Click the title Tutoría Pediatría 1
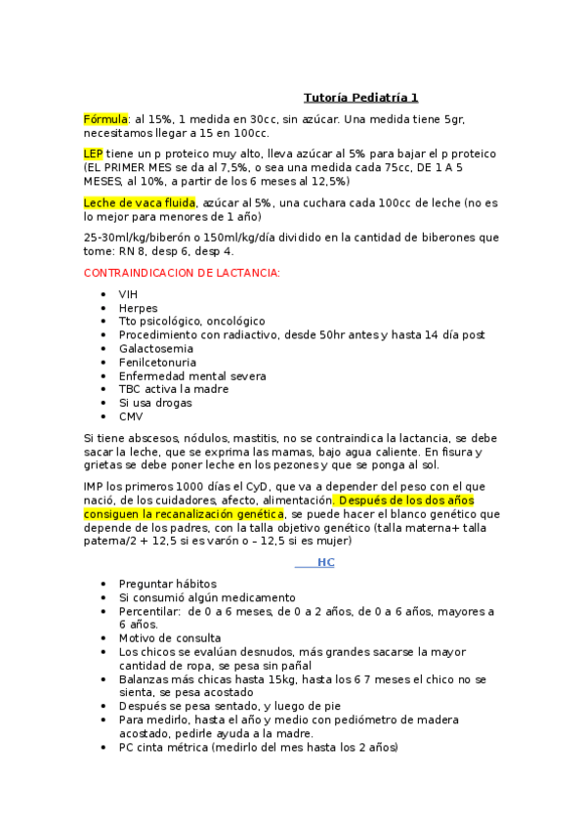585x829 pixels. [360, 98]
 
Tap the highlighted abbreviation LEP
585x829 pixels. [93, 153]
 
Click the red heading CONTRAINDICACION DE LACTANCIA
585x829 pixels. [182, 272]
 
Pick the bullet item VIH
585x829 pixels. [129, 293]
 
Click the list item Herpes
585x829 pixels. [138, 307]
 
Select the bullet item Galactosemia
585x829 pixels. [155, 348]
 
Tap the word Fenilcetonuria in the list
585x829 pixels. [156, 362]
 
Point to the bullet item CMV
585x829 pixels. [131, 416]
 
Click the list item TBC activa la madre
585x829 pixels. [174, 389]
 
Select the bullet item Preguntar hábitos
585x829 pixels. [167, 584]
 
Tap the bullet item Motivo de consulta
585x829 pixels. [169, 638]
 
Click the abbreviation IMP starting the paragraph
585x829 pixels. [96, 486]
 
